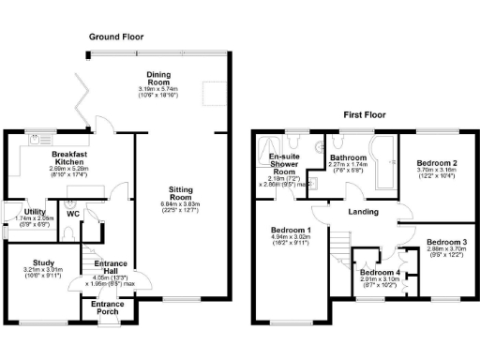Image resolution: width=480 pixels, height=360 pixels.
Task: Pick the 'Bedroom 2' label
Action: click(x=436, y=163)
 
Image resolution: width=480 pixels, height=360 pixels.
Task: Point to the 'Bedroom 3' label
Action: click(x=446, y=243)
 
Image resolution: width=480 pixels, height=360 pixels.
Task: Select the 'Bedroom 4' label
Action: click(x=381, y=272)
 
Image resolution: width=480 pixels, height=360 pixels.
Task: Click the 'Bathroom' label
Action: click(x=347, y=157)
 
